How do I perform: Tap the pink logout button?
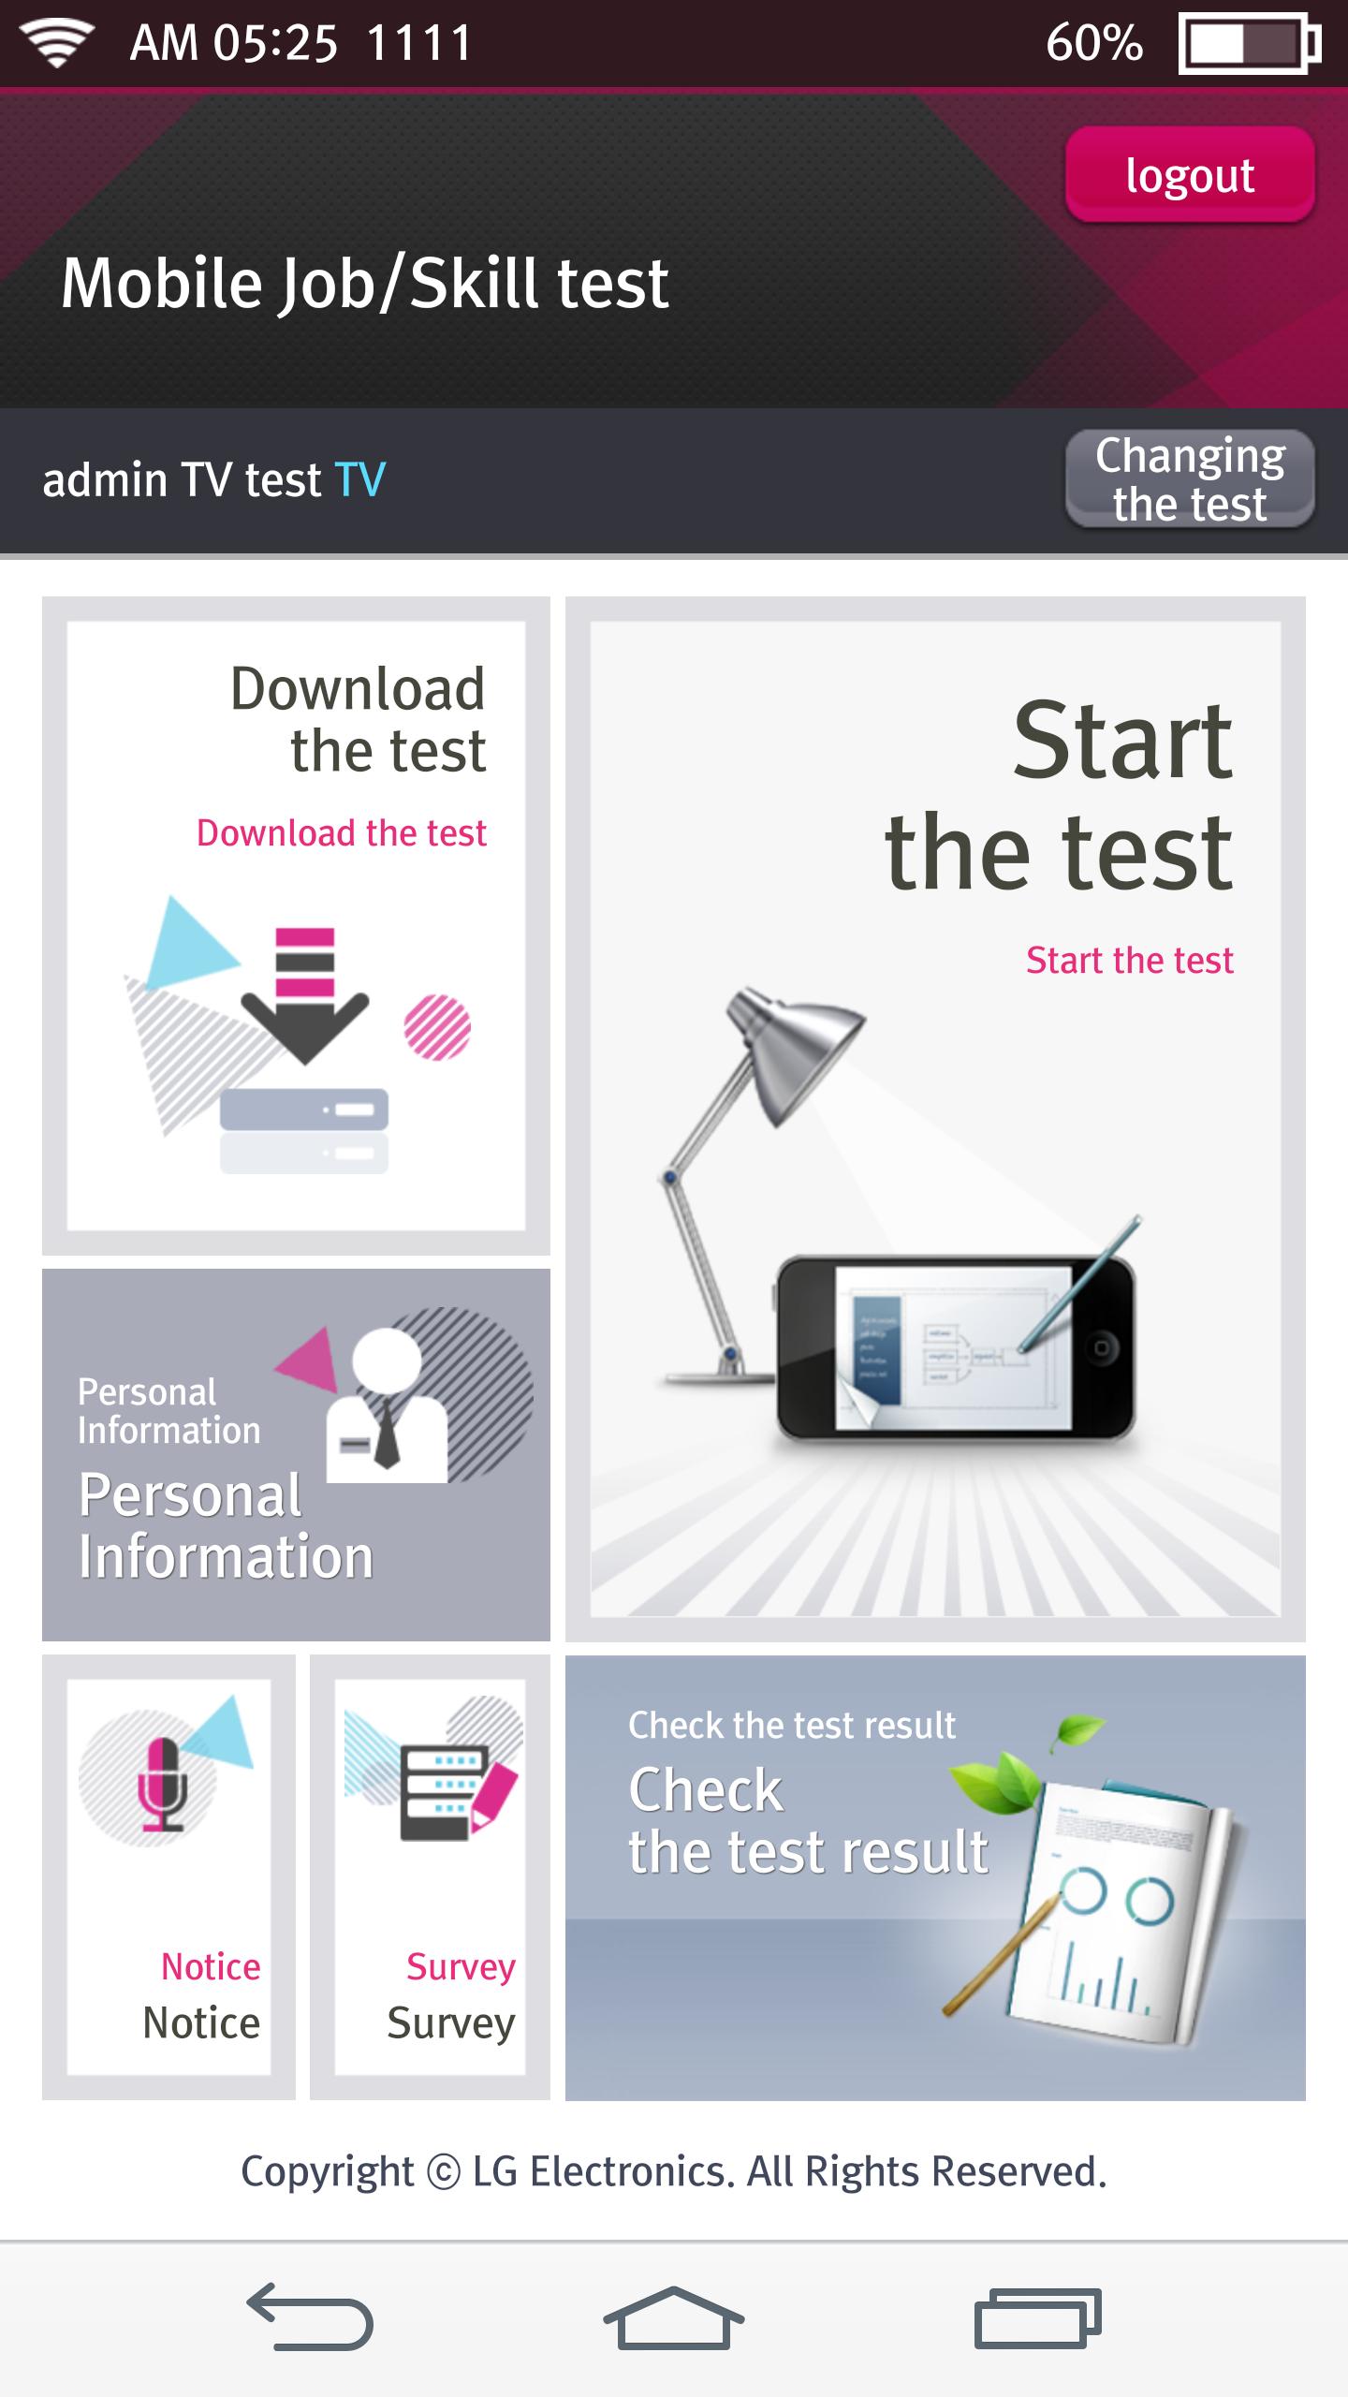(x=1190, y=174)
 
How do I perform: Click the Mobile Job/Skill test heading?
(x=365, y=283)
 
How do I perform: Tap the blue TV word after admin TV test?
(x=360, y=479)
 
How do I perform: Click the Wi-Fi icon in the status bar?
(x=57, y=43)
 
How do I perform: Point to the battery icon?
(x=1250, y=43)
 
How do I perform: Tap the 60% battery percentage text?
(x=1094, y=43)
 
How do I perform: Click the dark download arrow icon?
(x=305, y=996)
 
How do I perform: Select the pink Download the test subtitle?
(x=342, y=832)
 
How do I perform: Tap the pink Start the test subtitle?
(x=1130, y=960)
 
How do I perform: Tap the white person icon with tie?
(x=386, y=1404)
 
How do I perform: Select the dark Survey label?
(x=451, y=2022)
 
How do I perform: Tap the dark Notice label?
(x=201, y=2022)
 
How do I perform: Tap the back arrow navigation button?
(x=310, y=2317)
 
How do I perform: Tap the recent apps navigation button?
(x=1038, y=2317)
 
